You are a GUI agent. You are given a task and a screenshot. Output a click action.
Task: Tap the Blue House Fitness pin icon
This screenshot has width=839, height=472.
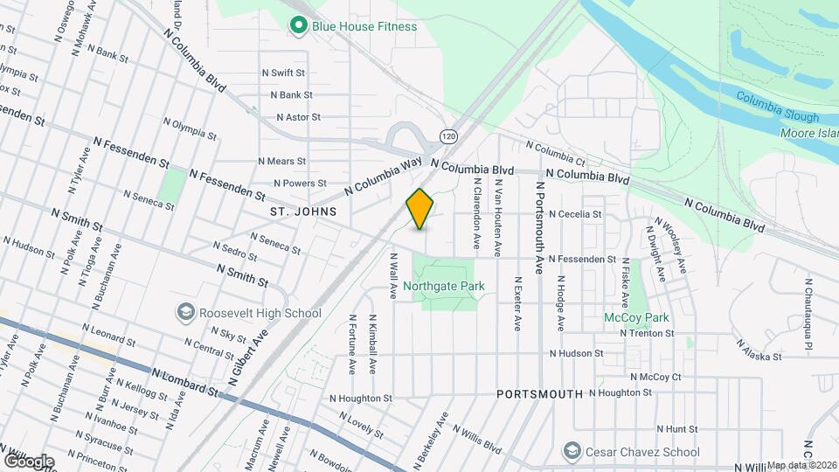[298, 26]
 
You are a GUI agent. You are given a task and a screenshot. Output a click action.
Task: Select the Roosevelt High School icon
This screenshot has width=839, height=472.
[185, 312]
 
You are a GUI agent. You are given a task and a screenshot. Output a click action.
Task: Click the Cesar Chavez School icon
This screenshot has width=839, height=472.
[572, 452]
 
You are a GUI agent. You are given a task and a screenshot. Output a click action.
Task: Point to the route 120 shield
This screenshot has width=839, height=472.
[448, 136]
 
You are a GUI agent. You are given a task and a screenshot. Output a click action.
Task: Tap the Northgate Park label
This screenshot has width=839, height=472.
[450, 285]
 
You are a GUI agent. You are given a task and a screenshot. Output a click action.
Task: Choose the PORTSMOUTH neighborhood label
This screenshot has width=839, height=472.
[539, 394]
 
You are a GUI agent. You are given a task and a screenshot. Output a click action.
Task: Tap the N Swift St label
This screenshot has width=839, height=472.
[282, 73]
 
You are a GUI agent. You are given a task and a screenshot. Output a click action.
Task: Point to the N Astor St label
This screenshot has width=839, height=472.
[299, 116]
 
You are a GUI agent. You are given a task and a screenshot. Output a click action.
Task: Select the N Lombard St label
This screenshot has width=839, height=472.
[184, 382]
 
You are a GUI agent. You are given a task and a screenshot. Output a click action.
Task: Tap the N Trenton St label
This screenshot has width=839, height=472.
[646, 333]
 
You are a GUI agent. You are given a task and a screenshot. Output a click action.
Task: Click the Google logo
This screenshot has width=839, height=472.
[29, 461]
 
